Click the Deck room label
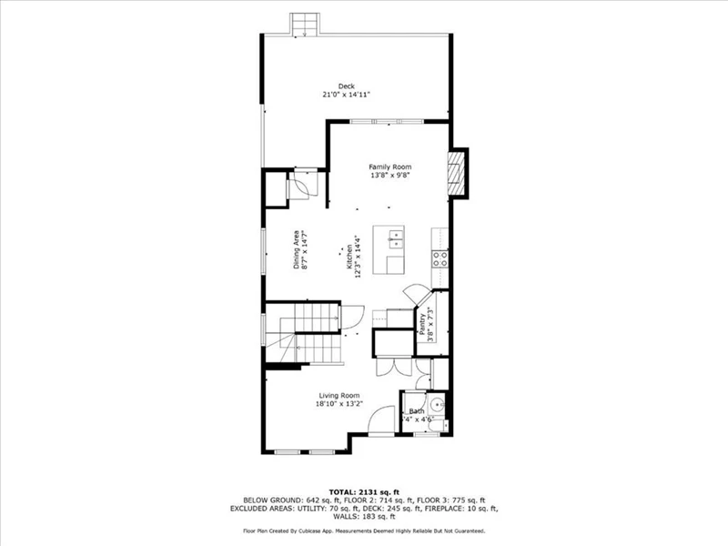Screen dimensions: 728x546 (347, 86)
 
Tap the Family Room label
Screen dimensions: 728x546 (390, 167)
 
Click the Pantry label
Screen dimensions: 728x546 (422, 324)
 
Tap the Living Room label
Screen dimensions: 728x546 (339, 396)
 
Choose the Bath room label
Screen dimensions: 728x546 (417, 411)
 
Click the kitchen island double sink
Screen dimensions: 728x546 (396, 239)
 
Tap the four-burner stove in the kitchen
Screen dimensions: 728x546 (440, 258)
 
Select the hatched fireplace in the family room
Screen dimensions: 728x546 (456, 174)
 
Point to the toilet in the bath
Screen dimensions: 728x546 (438, 425)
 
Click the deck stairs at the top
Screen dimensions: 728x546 (305, 25)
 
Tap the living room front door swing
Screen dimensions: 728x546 (380, 420)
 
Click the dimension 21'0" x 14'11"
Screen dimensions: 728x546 (347, 95)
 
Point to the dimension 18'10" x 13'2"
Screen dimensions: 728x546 (339, 404)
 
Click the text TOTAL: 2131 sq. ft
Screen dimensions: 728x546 (364, 492)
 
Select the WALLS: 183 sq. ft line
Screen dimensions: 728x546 (364, 516)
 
